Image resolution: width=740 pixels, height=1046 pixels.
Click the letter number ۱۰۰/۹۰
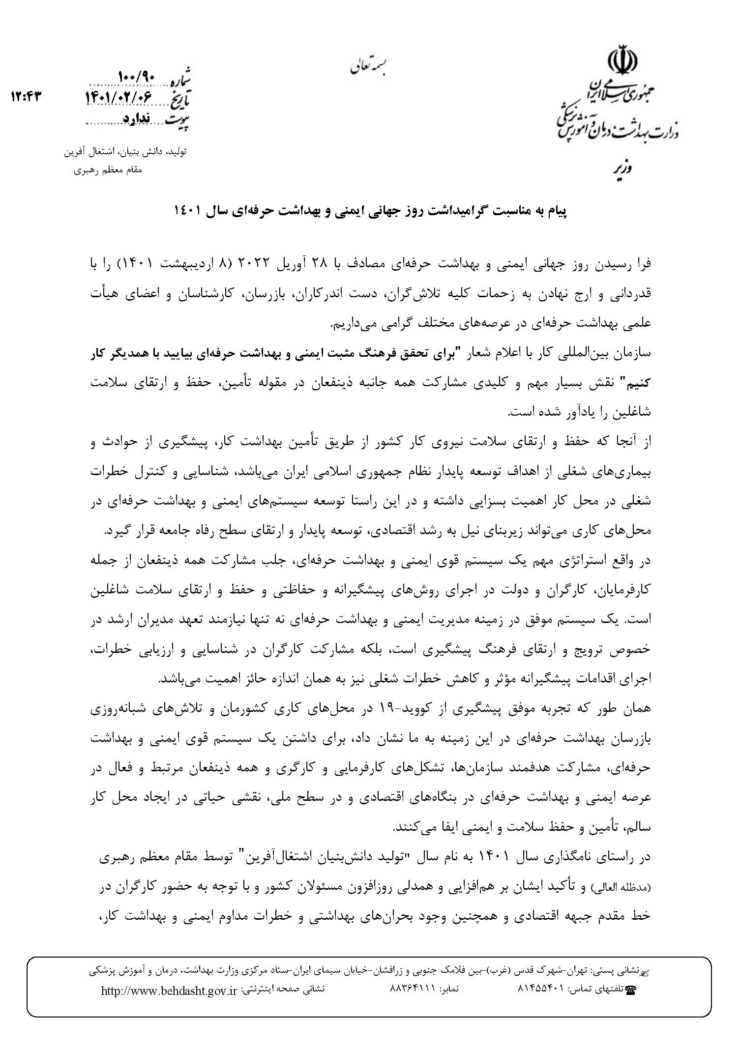coord(136,77)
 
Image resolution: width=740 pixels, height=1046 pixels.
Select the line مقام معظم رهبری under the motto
coord(108,170)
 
